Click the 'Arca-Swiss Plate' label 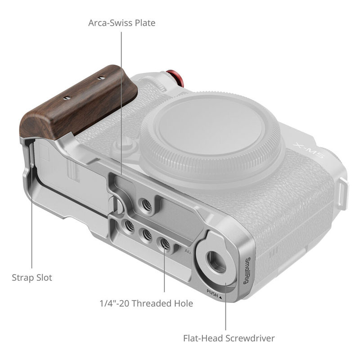pyautogui.click(x=121, y=23)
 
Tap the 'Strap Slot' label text pyautogui.click(x=32, y=278)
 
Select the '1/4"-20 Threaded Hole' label pyautogui.click(x=146, y=303)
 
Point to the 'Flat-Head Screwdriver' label pyautogui.click(x=229, y=338)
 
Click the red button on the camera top pyautogui.click(x=175, y=77)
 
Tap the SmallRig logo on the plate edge pyautogui.click(x=248, y=271)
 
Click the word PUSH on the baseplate pyautogui.click(x=212, y=293)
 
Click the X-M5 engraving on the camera pyautogui.click(x=308, y=151)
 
